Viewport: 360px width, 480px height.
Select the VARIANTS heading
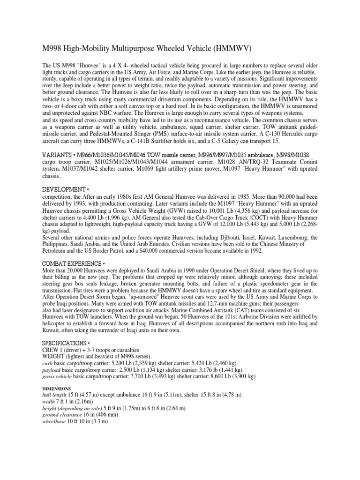coord(57,155)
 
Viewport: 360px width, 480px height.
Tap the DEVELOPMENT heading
coord(63,188)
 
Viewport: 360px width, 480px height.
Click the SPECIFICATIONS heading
coord(65,343)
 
